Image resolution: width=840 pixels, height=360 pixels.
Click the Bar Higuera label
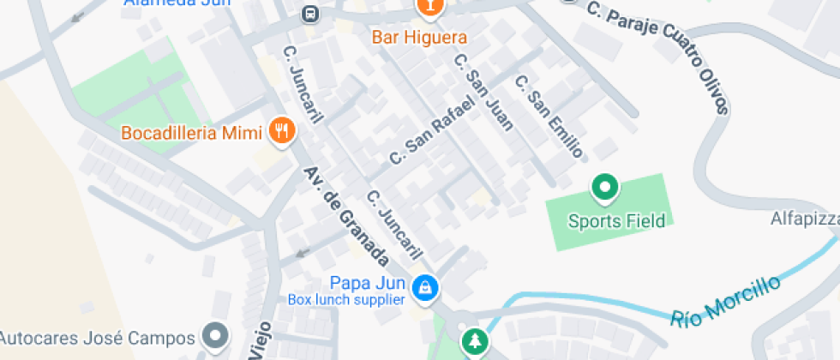point(419,38)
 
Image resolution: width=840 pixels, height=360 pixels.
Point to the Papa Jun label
point(368,283)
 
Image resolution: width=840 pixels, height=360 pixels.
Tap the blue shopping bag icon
point(423,287)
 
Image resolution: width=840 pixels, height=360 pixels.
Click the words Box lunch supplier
point(345,299)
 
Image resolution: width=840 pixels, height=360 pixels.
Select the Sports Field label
point(616,221)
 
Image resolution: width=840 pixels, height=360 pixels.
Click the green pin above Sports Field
point(606,187)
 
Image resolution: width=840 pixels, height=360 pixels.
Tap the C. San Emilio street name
point(549,117)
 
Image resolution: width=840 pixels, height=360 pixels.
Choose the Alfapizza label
point(805,219)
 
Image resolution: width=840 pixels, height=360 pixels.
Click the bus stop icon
point(309,14)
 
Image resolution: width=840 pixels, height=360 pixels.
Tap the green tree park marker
point(472,342)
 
